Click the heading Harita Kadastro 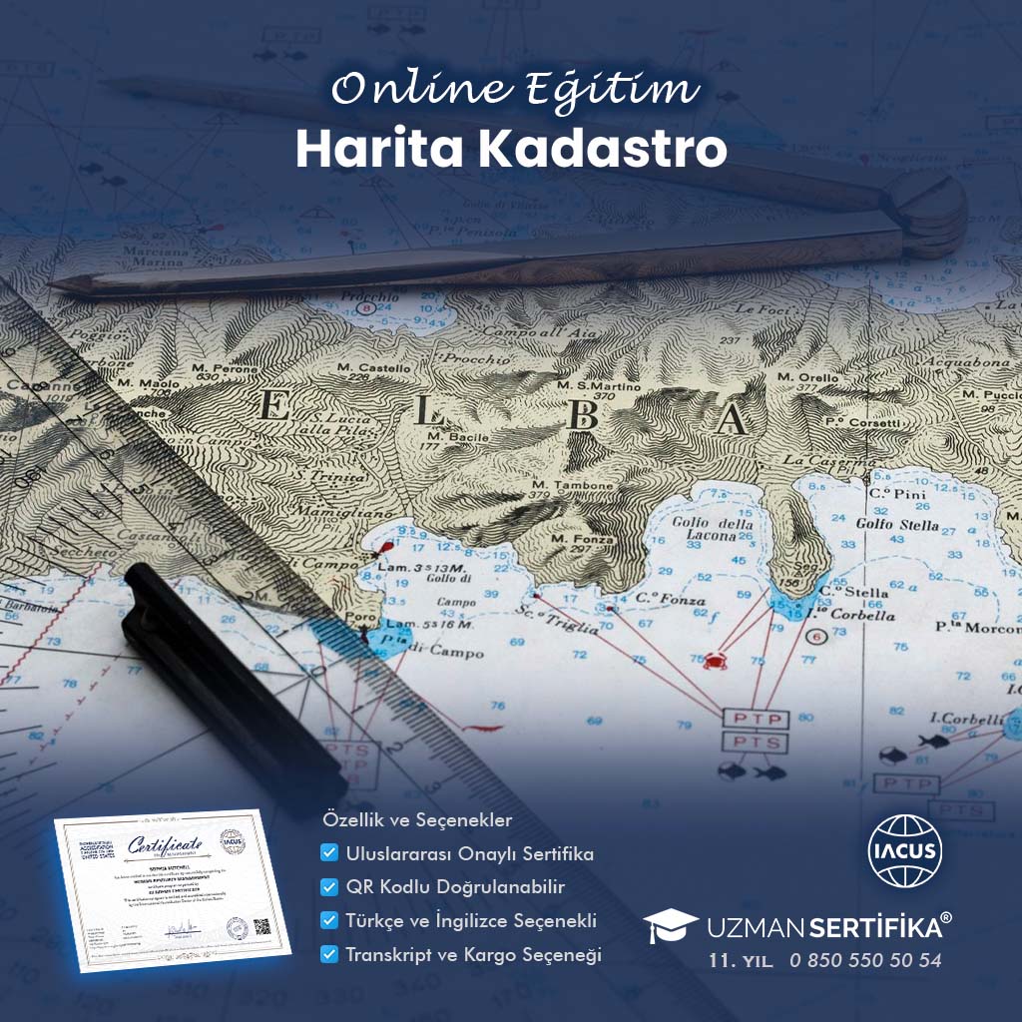tap(510, 149)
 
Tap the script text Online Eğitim tap(514, 91)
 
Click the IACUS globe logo tap(904, 851)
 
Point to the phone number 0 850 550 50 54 tap(864, 961)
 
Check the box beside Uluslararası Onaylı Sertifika tap(328, 854)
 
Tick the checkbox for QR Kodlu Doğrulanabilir tap(328, 887)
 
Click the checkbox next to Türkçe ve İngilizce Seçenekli tap(328, 920)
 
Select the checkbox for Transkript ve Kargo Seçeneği tap(328, 954)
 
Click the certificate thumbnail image tap(171, 883)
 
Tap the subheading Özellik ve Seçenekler tap(417, 820)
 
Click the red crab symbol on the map tap(715, 660)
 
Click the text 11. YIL tap(738, 961)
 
